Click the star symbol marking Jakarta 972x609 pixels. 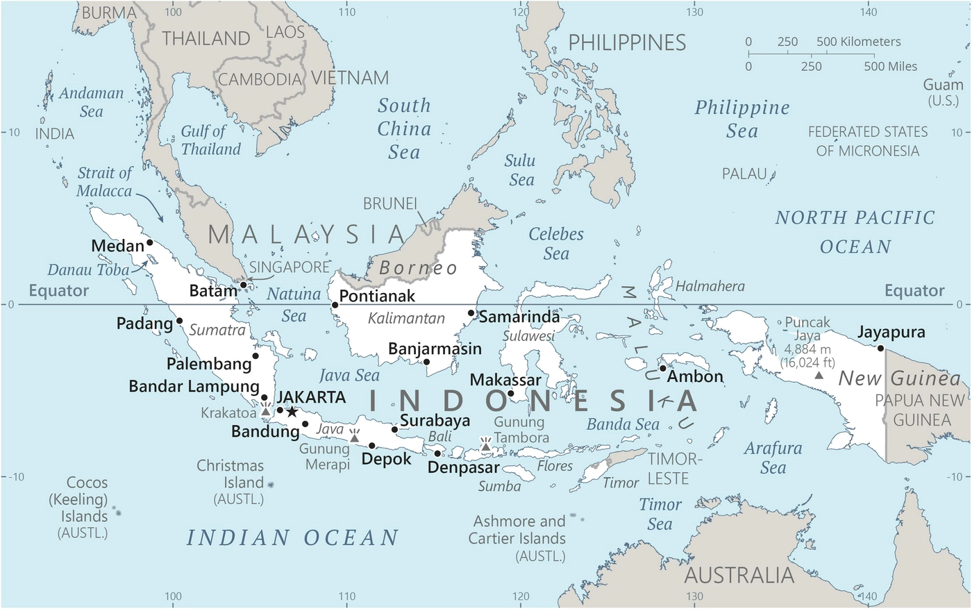[292, 412]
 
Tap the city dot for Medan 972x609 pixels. [149, 242]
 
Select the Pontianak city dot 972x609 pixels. [335, 305]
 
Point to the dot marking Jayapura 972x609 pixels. [880, 348]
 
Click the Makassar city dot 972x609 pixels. [511, 394]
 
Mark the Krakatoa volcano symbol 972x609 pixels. [265, 410]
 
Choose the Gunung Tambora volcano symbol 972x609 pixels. [485, 445]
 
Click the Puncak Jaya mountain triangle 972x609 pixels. [819, 375]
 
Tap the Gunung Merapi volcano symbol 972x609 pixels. [354, 437]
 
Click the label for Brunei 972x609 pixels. [390, 203]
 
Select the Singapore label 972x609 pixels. [290, 267]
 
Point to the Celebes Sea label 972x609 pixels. [556, 244]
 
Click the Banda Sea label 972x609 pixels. [623, 424]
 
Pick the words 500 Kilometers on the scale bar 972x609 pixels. [858, 42]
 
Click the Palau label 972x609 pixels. [744, 174]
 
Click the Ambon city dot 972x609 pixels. [663, 368]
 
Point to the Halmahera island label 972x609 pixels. [710, 286]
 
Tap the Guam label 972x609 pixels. [943, 85]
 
